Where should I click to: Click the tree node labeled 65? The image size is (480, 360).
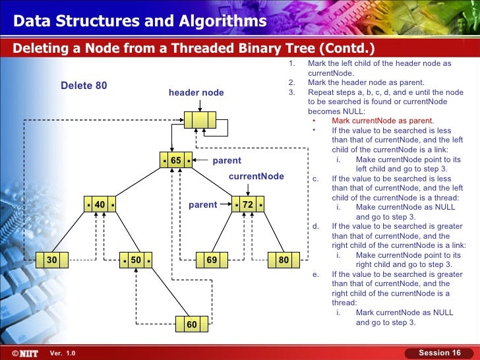point(176,161)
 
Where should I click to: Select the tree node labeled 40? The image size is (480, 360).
point(100,205)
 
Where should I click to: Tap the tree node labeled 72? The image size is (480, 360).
point(248,205)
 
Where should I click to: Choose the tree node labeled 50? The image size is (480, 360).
point(136,260)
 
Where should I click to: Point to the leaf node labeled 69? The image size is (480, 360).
point(212,260)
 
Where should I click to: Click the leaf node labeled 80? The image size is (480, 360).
point(284,260)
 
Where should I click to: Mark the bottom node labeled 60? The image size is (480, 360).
point(192,324)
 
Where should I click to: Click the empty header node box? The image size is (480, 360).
point(200,120)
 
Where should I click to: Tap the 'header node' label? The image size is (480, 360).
point(196,93)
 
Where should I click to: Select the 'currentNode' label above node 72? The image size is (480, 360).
point(256,177)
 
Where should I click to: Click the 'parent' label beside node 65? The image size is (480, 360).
point(227,161)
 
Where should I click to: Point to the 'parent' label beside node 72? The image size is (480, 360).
point(202,205)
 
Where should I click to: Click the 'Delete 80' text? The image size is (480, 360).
point(84,86)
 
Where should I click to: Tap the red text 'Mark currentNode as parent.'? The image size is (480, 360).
point(382,121)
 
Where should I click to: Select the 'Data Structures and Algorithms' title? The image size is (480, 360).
point(140,22)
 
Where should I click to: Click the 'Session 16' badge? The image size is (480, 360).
point(440,353)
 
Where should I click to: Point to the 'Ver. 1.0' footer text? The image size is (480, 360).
point(63,354)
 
